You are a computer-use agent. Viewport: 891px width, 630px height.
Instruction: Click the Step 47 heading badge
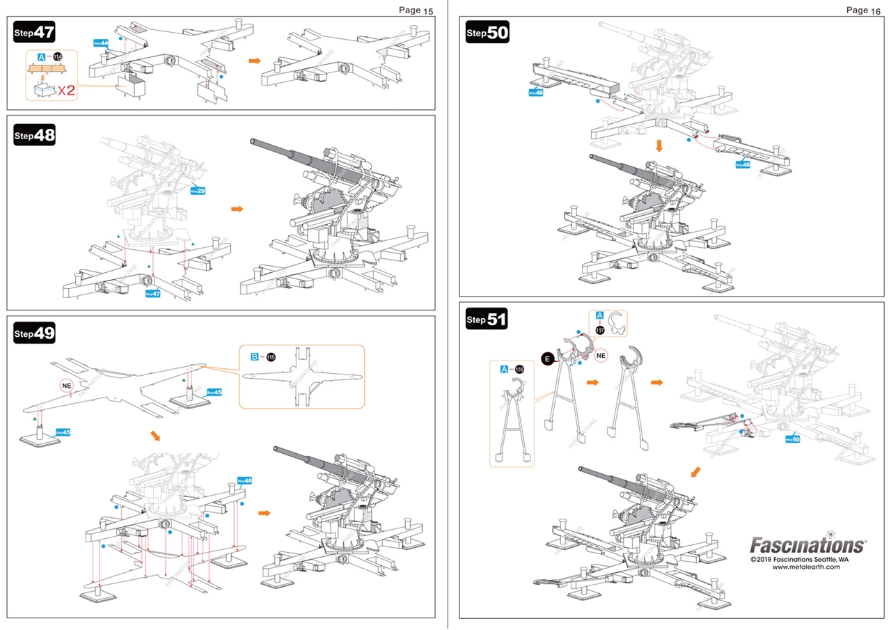pyautogui.click(x=34, y=32)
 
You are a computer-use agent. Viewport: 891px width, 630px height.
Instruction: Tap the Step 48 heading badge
pyautogui.click(x=34, y=135)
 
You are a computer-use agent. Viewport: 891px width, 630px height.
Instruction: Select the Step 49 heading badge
pyautogui.click(x=34, y=333)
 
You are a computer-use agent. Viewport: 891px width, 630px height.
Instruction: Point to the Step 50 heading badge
pyautogui.click(x=487, y=32)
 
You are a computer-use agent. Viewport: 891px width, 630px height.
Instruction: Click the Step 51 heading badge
pyautogui.click(x=487, y=320)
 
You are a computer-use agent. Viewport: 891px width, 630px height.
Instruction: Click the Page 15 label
pyautogui.click(x=416, y=10)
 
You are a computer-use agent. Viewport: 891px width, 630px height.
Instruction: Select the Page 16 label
pyautogui.click(x=863, y=10)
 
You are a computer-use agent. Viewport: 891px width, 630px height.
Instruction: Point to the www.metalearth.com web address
pyautogui.click(x=806, y=567)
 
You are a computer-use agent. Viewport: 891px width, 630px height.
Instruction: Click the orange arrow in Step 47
pyautogui.click(x=255, y=61)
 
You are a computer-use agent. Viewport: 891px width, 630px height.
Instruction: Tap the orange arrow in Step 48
pyautogui.click(x=237, y=208)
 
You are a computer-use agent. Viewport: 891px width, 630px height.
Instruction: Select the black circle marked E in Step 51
pyautogui.click(x=548, y=359)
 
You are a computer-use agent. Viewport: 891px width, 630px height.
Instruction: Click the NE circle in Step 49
pyautogui.click(x=67, y=384)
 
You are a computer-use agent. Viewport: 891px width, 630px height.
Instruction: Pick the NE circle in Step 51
pyautogui.click(x=602, y=354)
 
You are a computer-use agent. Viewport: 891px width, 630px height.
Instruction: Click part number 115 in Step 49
pyautogui.click(x=271, y=357)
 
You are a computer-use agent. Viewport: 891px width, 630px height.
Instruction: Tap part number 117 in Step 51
pyautogui.click(x=599, y=330)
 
